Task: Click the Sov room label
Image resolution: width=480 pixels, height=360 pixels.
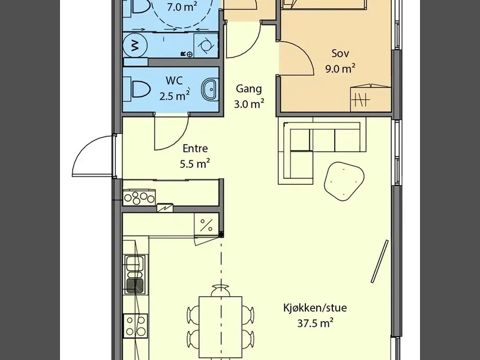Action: [340, 53]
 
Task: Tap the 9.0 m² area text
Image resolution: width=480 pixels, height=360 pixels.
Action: [340, 68]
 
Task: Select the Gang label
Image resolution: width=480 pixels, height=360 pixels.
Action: [249, 89]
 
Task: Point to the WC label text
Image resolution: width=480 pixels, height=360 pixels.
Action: [174, 80]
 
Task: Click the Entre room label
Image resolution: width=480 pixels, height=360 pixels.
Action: [196, 148]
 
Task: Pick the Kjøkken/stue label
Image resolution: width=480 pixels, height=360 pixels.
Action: [315, 307]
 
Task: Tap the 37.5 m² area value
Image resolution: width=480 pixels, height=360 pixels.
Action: [315, 323]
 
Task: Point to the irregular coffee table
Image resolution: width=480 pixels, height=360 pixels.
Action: [344, 181]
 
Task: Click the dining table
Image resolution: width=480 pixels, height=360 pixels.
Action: [220, 327]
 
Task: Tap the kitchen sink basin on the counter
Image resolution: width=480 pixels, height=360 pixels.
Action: [135, 275]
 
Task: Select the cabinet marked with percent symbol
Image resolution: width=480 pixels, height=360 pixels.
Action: [206, 225]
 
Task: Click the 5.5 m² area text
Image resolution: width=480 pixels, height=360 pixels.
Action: [194, 164]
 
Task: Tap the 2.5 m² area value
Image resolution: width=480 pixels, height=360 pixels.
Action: [174, 96]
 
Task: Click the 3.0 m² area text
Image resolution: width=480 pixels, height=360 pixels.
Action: [249, 104]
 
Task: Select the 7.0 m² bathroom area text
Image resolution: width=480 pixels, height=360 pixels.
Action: [182, 7]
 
